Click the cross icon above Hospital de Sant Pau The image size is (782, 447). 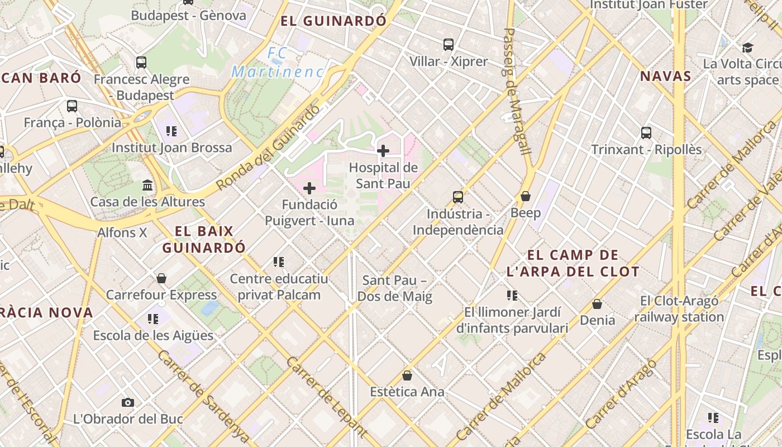[x=383, y=151]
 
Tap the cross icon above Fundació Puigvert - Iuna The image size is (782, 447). [x=309, y=188]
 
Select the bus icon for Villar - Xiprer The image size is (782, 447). [x=449, y=45]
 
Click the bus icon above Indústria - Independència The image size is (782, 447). [x=458, y=197]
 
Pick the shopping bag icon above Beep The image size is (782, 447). [x=526, y=196]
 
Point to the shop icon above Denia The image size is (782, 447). [x=597, y=304]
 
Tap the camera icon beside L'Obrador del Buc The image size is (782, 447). [x=128, y=402]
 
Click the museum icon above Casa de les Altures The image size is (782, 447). [x=147, y=185]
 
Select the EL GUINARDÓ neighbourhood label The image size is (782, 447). [x=333, y=21]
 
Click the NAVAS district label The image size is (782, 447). [x=666, y=77]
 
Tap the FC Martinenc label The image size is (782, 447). [x=278, y=63]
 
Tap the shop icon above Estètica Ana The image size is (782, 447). [x=407, y=375]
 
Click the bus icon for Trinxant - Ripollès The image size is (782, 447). [x=646, y=133]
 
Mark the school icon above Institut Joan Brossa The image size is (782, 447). [x=171, y=131]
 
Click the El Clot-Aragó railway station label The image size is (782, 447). [x=679, y=309]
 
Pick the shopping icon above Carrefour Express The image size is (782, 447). [x=161, y=278]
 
